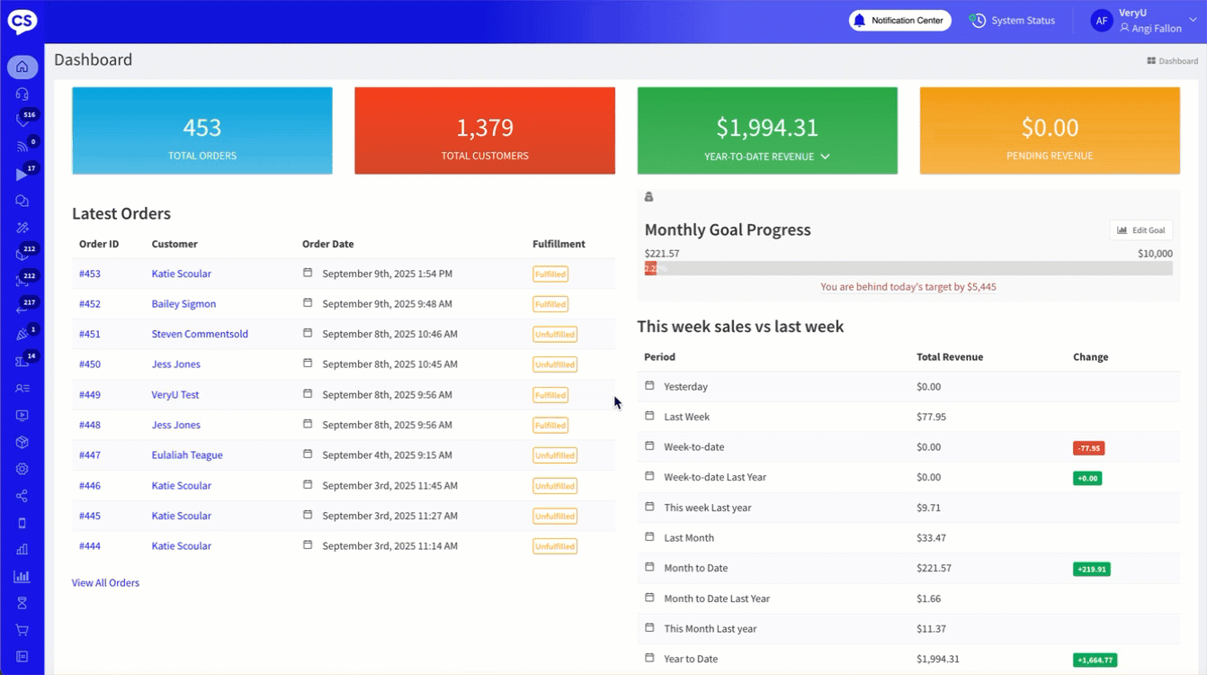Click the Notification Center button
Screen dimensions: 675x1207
click(x=899, y=21)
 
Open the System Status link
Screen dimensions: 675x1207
click(x=1013, y=21)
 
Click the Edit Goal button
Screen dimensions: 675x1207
click(x=1140, y=230)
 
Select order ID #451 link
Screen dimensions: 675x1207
click(x=90, y=334)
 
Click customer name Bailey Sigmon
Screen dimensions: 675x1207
click(x=183, y=304)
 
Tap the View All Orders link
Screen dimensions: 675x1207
click(x=105, y=583)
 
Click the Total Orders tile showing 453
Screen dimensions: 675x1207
click(x=202, y=130)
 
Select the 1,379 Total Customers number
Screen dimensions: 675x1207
click(x=485, y=128)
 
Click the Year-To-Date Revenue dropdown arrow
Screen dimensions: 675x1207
click(x=826, y=157)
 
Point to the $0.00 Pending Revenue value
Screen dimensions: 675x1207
click(x=1050, y=128)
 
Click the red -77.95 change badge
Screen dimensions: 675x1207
click(x=1088, y=448)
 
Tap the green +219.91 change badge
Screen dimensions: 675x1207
click(x=1091, y=569)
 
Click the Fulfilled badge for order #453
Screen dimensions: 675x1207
click(x=550, y=274)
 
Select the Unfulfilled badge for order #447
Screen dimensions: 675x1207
click(x=555, y=456)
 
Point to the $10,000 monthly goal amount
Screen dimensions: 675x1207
click(x=1155, y=254)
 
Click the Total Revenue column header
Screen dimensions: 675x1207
click(x=949, y=357)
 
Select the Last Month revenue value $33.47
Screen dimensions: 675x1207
click(x=930, y=538)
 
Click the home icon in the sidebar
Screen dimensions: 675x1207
click(x=22, y=67)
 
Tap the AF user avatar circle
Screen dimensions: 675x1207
click(x=1102, y=21)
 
